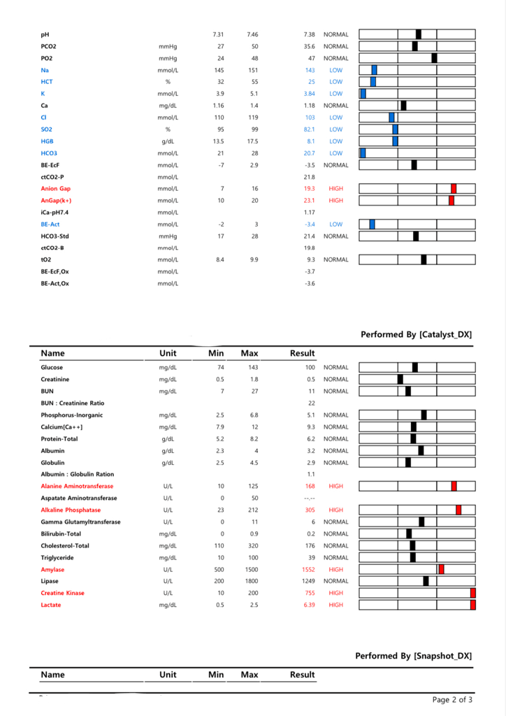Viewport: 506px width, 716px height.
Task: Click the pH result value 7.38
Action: (x=310, y=34)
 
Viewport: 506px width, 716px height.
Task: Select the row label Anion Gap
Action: (x=55, y=189)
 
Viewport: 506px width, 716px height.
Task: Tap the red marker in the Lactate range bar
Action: (x=473, y=605)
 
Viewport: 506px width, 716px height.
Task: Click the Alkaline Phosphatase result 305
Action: (x=310, y=510)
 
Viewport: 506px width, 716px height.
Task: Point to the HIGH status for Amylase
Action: (x=335, y=569)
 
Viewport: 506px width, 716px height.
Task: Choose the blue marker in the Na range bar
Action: (x=375, y=70)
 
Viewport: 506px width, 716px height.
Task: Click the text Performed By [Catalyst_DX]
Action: (x=416, y=335)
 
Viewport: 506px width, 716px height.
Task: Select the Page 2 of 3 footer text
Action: (x=452, y=699)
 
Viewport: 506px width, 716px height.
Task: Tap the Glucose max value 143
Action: (x=253, y=367)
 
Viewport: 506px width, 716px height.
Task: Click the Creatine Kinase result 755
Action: (x=310, y=593)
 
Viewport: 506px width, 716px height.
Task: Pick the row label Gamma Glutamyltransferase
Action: (x=80, y=522)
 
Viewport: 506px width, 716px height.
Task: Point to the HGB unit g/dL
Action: (x=168, y=141)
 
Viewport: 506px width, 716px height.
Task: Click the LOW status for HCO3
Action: (x=335, y=153)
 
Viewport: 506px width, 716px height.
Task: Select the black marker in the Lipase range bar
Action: (x=426, y=581)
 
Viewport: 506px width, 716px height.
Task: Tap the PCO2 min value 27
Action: (x=220, y=46)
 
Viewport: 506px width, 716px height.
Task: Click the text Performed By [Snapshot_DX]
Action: (x=413, y=656)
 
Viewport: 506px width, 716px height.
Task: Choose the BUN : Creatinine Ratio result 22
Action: (x=311, y=403)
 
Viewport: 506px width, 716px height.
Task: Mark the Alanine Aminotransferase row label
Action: (x=77, y=486)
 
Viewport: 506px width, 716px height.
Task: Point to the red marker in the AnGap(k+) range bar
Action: (x=451, y=201)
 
